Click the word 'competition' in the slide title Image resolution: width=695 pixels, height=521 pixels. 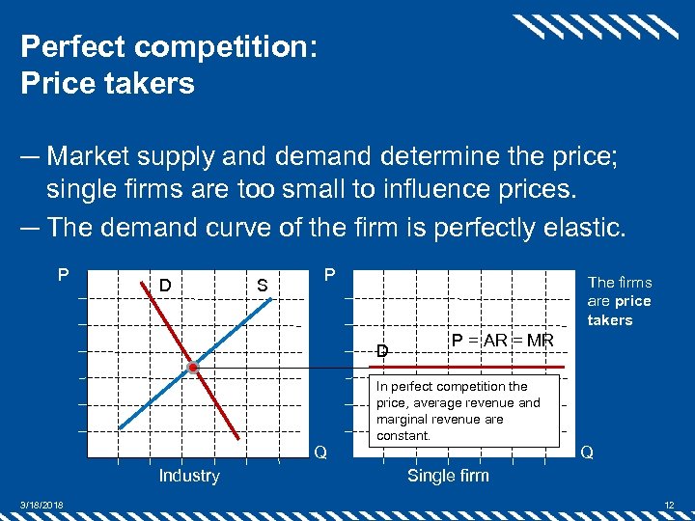[226, 46]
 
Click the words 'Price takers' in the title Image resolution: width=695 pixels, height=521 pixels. [107, 83]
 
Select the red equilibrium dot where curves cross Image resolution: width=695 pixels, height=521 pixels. [193, 369]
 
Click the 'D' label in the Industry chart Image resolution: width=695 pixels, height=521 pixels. [165, 286]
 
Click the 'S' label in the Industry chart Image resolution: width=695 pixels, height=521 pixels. [261, 286]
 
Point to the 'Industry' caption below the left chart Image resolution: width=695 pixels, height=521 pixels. [189, 476]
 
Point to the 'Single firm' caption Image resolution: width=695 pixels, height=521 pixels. [448, 476]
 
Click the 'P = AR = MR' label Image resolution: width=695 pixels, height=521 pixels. [502, 341]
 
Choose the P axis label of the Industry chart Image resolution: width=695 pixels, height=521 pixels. [63, 275]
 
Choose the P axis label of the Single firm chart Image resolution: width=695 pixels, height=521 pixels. [328, 275]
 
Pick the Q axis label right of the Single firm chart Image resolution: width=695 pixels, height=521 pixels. [586, 452]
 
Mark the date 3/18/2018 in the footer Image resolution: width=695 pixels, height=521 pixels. [40, 505]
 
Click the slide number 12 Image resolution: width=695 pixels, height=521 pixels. [669, 505]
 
